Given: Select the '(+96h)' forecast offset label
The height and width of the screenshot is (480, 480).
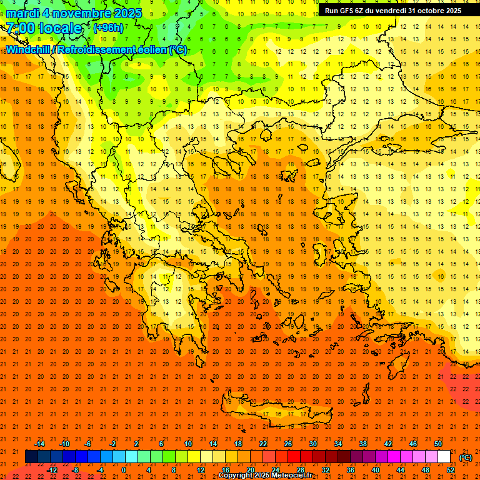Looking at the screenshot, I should tap(108, 28).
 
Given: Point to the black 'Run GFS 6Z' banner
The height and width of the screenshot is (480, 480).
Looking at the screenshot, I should tap(393, 10).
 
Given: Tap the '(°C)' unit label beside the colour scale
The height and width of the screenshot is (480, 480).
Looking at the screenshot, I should tap(465, 457).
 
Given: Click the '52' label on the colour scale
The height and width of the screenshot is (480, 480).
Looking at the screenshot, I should tap(451, 470).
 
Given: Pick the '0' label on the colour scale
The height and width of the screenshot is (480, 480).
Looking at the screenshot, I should tap(124, 470).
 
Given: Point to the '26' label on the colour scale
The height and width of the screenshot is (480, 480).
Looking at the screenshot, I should tap(287, 443).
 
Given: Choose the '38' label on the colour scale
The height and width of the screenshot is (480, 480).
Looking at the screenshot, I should tap(362, 443).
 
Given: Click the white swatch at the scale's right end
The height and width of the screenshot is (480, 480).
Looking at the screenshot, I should tap(444, 457).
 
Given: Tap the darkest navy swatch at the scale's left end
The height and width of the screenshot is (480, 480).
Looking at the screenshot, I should tap(31, 457).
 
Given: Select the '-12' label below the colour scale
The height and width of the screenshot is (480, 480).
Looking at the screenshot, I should tap(52, 470).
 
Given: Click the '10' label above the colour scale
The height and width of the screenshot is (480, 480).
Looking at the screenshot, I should tap(187, 443).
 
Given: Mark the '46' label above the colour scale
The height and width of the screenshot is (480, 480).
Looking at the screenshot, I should tap(412, 443).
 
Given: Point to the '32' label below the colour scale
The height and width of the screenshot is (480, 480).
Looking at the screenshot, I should tap(325, 470).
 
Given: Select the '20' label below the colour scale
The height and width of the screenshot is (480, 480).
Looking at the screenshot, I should tap(250, 470).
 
